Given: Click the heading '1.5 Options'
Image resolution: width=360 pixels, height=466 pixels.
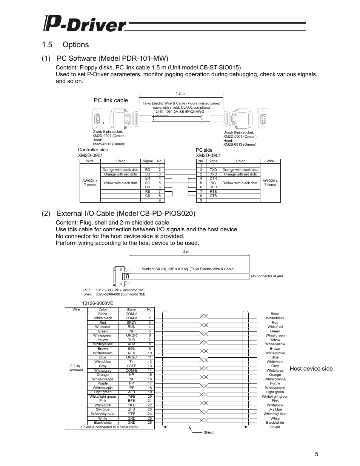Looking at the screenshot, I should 66,45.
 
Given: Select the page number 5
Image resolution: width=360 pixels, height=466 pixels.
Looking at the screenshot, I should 317,454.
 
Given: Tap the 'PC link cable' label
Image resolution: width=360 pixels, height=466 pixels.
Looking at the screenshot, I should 111,100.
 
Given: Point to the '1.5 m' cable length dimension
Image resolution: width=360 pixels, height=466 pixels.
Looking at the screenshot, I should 180,94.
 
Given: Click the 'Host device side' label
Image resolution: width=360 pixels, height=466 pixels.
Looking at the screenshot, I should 311,369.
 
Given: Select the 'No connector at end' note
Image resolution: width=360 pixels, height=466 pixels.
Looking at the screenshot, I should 267,276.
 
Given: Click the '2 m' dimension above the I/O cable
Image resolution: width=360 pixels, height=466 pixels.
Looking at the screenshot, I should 186,252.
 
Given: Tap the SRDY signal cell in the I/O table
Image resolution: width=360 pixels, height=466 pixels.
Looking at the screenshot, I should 131,323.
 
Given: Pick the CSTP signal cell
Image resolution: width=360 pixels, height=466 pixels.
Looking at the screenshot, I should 131,366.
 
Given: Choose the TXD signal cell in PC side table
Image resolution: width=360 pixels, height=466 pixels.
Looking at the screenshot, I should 213,170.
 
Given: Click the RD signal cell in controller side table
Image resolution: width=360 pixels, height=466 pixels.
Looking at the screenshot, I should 148,170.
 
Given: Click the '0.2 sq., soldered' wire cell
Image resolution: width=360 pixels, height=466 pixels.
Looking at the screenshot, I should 76,368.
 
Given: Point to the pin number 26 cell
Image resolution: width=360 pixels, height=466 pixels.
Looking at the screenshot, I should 149,423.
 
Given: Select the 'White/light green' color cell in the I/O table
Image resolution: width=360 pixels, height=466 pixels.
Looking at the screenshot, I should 103,397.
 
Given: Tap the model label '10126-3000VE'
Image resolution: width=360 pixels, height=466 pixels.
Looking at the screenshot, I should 98,303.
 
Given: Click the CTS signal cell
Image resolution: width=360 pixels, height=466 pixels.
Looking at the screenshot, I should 213,196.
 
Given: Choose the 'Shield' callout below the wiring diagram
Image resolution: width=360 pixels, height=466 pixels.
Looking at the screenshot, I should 208,432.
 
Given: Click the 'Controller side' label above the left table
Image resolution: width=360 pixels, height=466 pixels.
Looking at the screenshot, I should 92,150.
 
